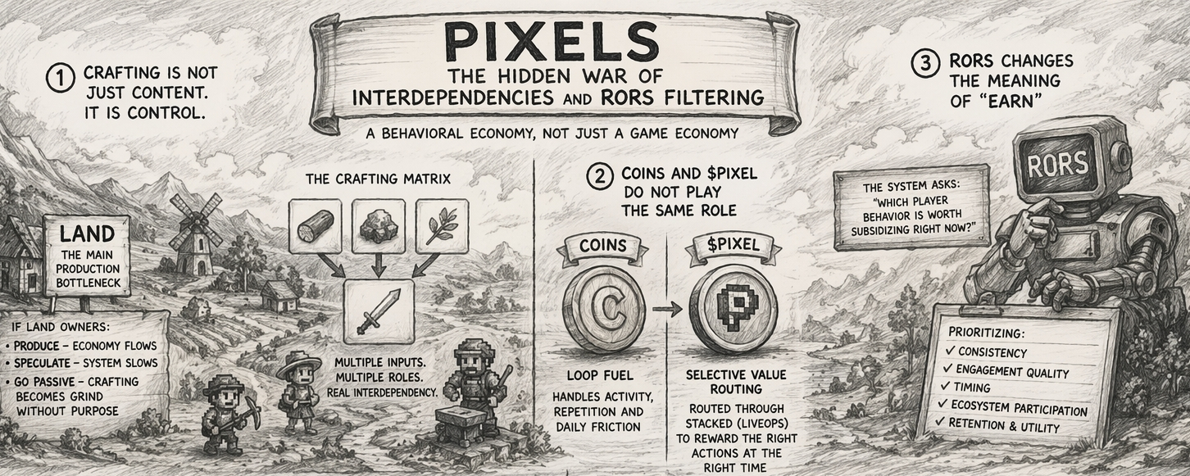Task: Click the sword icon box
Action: tap(379, 311)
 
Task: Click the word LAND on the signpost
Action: tap(86, 235)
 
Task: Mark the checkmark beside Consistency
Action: tap(951, 351)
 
